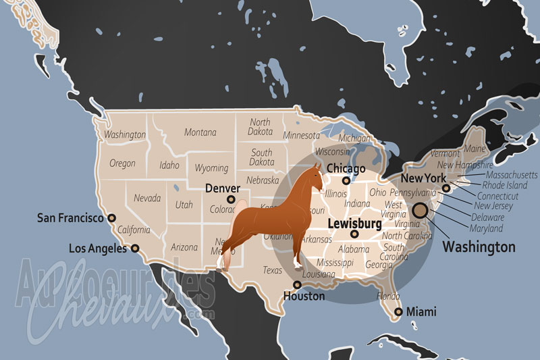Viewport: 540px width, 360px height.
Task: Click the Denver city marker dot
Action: (x=232, y=199)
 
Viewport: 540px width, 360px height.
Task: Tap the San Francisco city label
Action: (x=70, y=218)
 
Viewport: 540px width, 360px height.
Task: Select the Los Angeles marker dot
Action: (x=135, y=249)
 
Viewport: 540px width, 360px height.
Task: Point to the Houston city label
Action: (x=304, y=296)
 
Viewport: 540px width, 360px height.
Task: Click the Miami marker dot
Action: (x=399, y=311)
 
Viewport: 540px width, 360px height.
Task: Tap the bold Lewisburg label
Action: (x=354, y=222)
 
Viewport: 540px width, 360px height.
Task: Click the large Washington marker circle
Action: (x=419, y=211)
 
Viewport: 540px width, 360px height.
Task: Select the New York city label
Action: (x=423, y=178)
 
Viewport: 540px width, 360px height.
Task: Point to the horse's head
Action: (x=315, y=177)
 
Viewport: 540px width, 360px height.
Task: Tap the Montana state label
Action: (x=200, y=132)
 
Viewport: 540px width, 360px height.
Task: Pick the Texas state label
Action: (x=273, y=270)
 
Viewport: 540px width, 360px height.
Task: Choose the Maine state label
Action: (x=475, y=149)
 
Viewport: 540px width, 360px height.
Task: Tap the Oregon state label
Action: (x=122, y=163)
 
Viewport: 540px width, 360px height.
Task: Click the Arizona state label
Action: (x=184, y=248)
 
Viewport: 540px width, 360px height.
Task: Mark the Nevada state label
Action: (x=146, y=199)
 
